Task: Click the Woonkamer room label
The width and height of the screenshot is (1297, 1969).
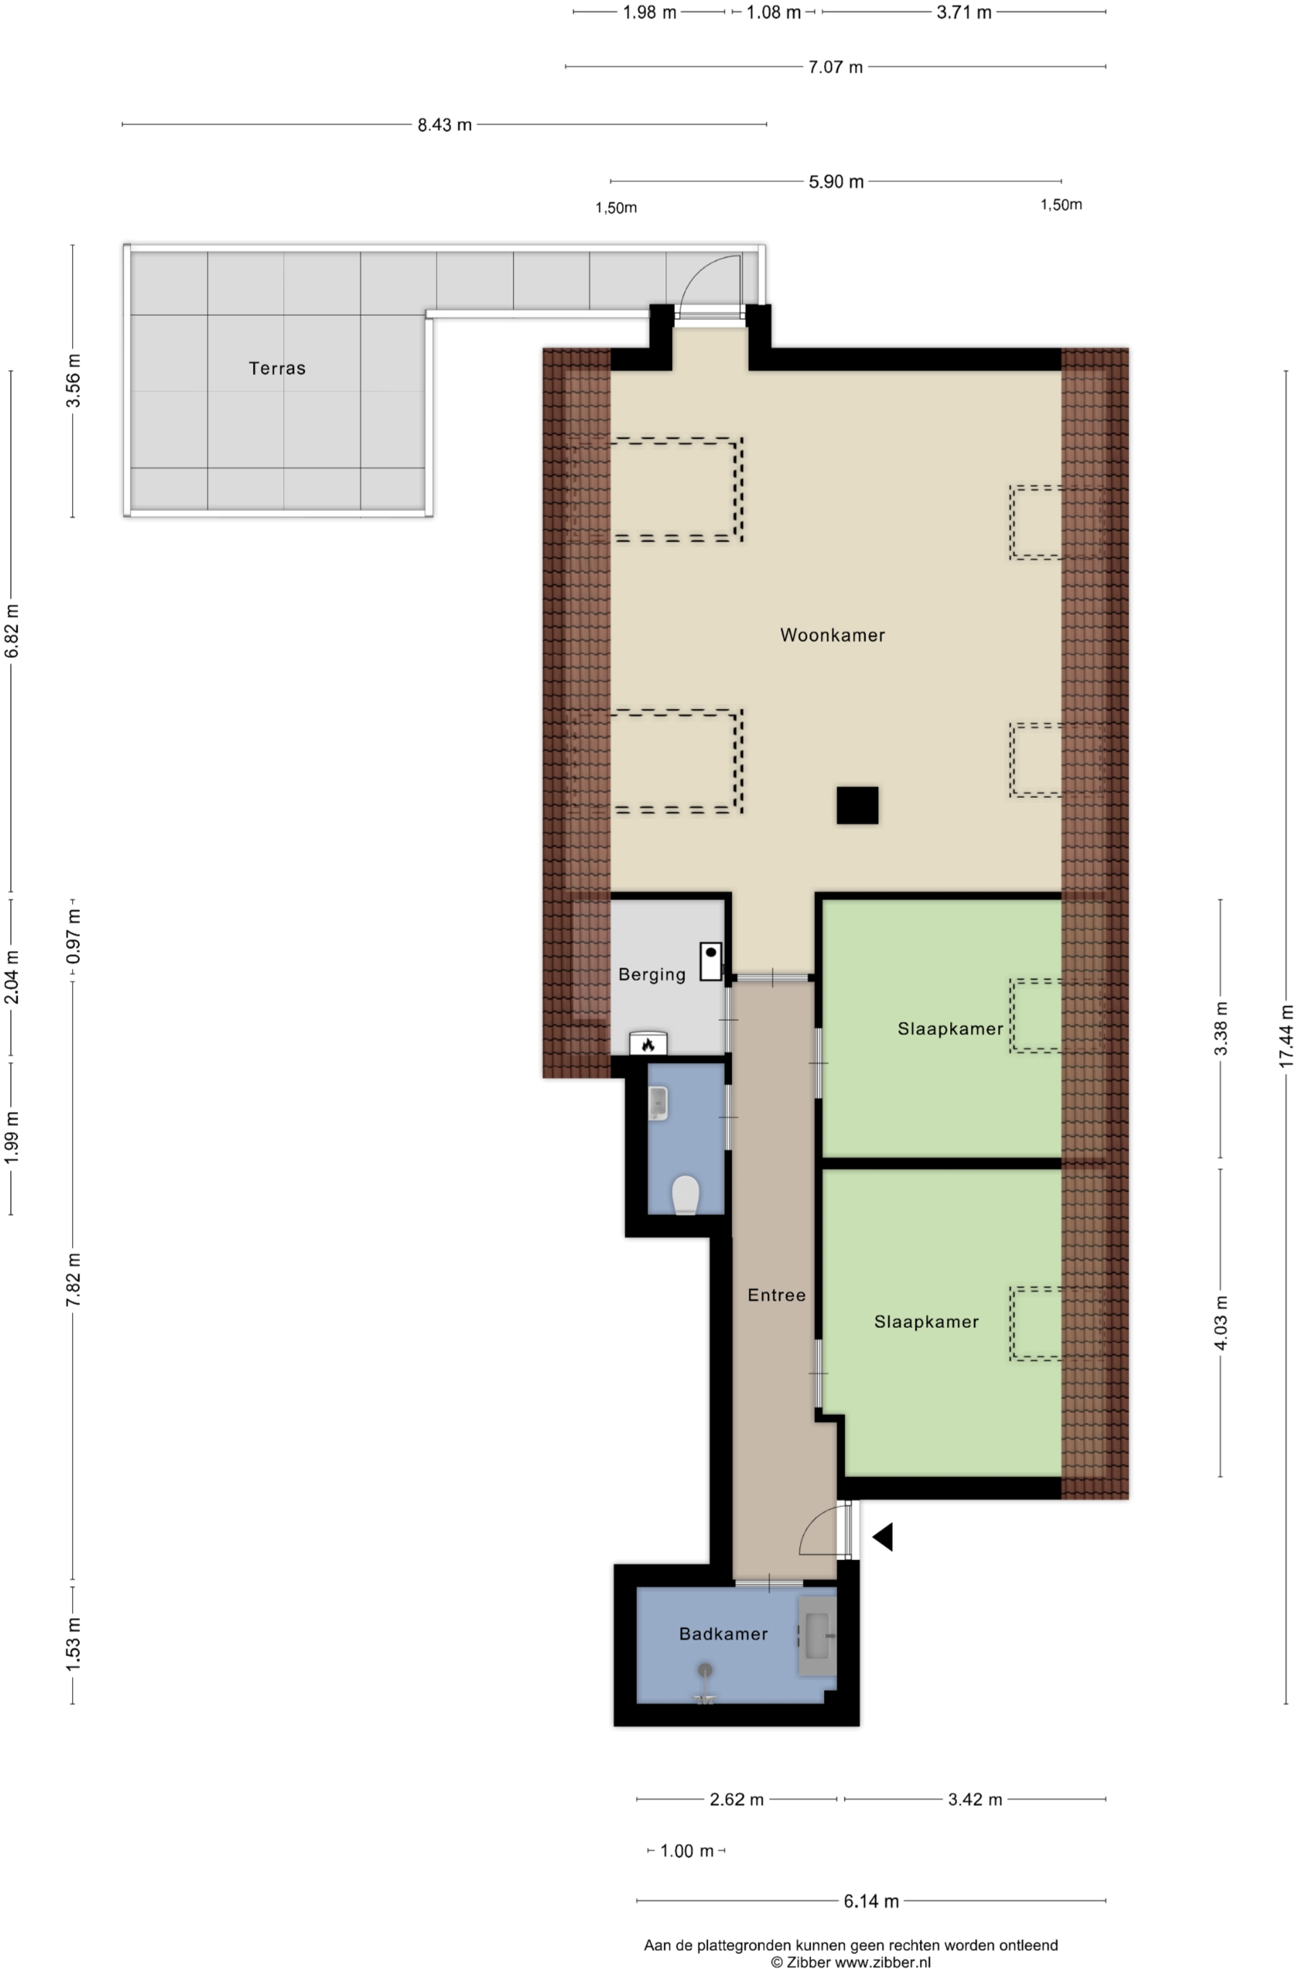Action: click(832, 635)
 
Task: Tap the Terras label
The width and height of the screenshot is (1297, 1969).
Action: click(277, 368)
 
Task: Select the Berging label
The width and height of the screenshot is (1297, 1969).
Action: click(652, 974)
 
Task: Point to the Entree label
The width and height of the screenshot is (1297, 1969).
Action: click(776, 1295)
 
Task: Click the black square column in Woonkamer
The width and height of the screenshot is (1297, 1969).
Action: click(857, 805)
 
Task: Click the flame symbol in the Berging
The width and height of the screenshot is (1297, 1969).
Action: click(647, 1045)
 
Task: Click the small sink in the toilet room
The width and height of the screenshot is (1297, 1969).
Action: click(658, 1103)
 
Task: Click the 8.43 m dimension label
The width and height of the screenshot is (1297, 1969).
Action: click(444, 125)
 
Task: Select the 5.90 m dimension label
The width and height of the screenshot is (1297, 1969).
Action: click(836, 182)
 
